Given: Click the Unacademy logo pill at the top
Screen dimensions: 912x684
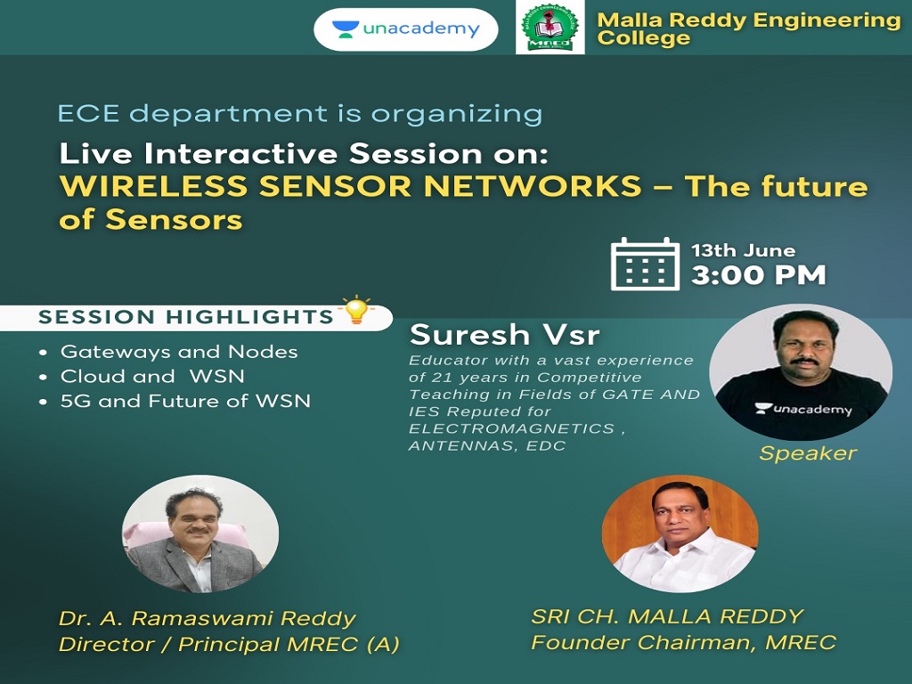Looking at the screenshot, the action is (x=406, y=29).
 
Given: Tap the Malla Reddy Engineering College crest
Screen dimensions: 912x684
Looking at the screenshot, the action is (x=550, y=28).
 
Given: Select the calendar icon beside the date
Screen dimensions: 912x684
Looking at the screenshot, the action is (x=645, y=264).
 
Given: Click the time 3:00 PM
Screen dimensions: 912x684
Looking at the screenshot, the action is (x=759, y=275).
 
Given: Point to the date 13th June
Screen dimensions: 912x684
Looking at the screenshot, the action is (x=744, y=250).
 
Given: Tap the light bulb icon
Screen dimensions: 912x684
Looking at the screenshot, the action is (x=356, y=309).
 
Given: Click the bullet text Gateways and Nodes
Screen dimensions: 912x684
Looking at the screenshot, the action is (x=179, y=351).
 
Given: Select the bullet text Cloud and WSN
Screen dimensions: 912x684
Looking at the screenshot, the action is (x=152, y=377).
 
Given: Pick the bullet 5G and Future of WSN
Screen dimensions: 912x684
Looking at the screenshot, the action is (x=185, y=401).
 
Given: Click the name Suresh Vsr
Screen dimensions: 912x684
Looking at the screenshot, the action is (x=504, y=335).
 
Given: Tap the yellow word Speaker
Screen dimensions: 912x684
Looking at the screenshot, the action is (x=808, y=453).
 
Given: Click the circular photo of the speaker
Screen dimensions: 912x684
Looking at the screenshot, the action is (x=801, y=372).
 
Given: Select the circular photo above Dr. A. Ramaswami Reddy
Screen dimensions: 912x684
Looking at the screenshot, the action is (x=200, y=534).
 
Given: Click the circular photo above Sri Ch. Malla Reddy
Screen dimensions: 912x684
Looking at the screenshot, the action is (x=680, y=534).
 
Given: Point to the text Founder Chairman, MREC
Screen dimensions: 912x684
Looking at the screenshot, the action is (x=683, y=642).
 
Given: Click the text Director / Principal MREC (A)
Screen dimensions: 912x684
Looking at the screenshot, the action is (x=229, y=645).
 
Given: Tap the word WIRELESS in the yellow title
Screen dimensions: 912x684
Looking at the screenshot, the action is (x=154, y=186).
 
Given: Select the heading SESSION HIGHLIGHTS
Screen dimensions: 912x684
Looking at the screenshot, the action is (x=185, y=317).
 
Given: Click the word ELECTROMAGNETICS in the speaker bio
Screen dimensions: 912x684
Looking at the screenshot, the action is (x=512, y=428).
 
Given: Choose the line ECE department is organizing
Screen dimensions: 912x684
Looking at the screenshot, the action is (x=300, y=113).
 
